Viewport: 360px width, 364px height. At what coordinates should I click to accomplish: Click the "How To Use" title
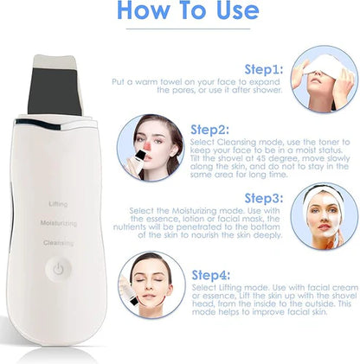pos(188,10)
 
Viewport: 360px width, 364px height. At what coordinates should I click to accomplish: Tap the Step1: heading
pos(264,69)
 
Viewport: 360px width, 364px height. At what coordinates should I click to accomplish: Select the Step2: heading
pos(209,130)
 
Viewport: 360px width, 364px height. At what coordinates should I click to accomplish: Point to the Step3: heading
pos(264,198)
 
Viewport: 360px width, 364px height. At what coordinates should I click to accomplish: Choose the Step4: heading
pos(211,275)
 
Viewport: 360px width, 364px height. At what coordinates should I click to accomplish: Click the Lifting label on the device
pos(58,204)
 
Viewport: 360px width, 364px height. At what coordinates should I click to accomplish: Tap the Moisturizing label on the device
pos(59,223)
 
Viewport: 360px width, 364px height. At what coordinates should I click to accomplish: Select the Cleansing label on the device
pos(58,243)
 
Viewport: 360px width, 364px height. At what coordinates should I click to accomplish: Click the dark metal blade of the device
pos(55,91)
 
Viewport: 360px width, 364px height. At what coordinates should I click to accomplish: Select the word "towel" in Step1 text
pos(171,82)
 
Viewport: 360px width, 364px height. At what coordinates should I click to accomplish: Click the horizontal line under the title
pos(188,29)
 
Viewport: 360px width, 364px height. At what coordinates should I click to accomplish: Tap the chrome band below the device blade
pos(56,125)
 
